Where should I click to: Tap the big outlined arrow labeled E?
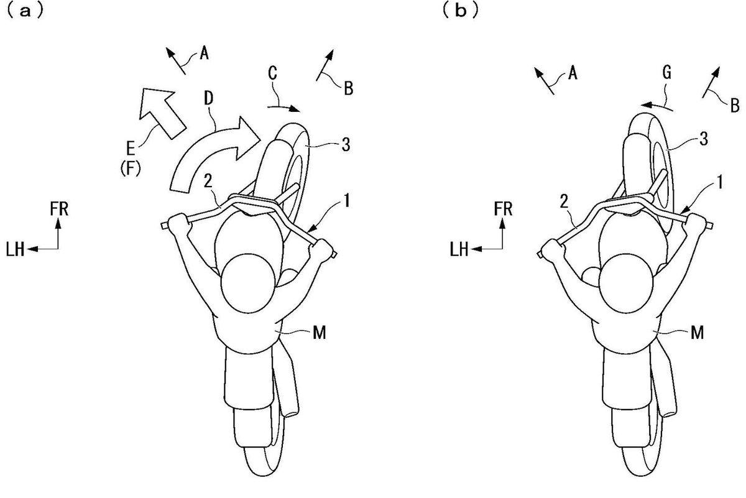tap(160, 111)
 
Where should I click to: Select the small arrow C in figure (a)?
tap(283, 108)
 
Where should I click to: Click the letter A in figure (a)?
tap(204, 53)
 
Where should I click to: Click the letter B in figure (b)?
tap(735, 106)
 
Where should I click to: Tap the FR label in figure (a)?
tap(59, 209)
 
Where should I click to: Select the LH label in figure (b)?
tap(459, 249)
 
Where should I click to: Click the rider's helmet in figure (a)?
tap(248, 284)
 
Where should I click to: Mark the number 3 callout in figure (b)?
tap(704, 139)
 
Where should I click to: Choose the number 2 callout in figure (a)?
tap(208, 182)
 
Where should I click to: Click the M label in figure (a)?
tap(320, 333)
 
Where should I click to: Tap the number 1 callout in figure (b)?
tap(720, 183)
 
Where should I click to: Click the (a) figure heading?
tap(25, 12)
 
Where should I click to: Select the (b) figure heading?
tap(461, 12)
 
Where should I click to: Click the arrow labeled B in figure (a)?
tap(325, 65)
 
